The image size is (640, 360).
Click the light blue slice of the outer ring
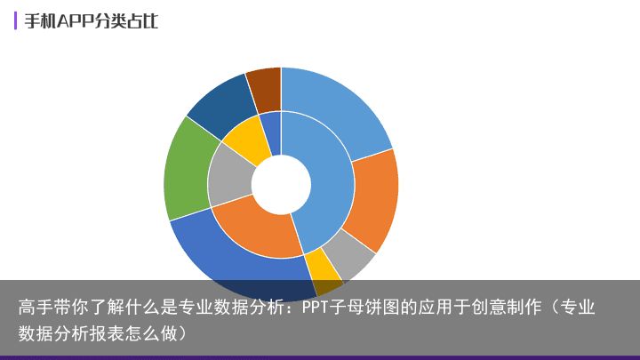tap(335, 109)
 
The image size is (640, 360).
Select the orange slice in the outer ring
tap(373, 200)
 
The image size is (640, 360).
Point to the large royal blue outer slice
tap(228, 261)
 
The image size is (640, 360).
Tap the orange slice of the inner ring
tap(257, 228)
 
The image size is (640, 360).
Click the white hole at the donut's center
tap(281, 185)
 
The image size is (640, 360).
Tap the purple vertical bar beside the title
tap(15, 20)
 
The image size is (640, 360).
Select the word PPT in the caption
tap(316, 307)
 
